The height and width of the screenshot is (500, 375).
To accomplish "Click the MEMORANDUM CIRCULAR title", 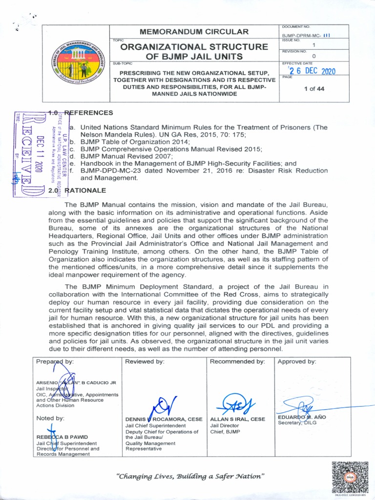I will click(x=194, y=32).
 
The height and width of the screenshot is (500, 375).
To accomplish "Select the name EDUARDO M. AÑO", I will click(x=302, y=417).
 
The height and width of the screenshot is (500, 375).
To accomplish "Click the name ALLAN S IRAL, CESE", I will click(x=237, y=419).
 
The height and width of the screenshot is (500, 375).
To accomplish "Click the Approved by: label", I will click(x=296, y=362).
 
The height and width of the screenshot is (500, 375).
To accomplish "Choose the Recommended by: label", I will click(x=237, y=362).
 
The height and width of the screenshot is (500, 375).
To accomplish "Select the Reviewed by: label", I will click(x=145, y=362).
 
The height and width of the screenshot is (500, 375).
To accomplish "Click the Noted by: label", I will click(x=50, y=418).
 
